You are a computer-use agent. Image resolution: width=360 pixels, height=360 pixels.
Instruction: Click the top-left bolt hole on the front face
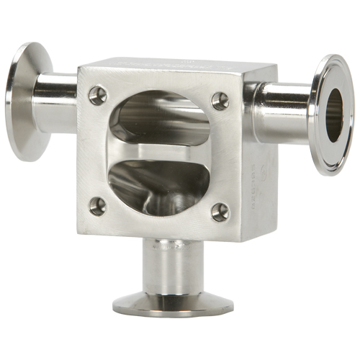(97, 94)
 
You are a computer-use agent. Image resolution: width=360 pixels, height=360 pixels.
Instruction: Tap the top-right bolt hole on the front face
(220, 100)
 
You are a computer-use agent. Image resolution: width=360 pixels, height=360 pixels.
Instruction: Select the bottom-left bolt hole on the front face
(97, 206)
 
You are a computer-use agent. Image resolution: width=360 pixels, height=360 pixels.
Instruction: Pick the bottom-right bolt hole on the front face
(220, 212)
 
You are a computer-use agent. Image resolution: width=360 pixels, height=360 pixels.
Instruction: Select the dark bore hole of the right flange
(333, 114)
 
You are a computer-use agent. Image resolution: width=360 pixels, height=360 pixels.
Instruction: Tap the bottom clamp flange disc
(173, 304)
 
